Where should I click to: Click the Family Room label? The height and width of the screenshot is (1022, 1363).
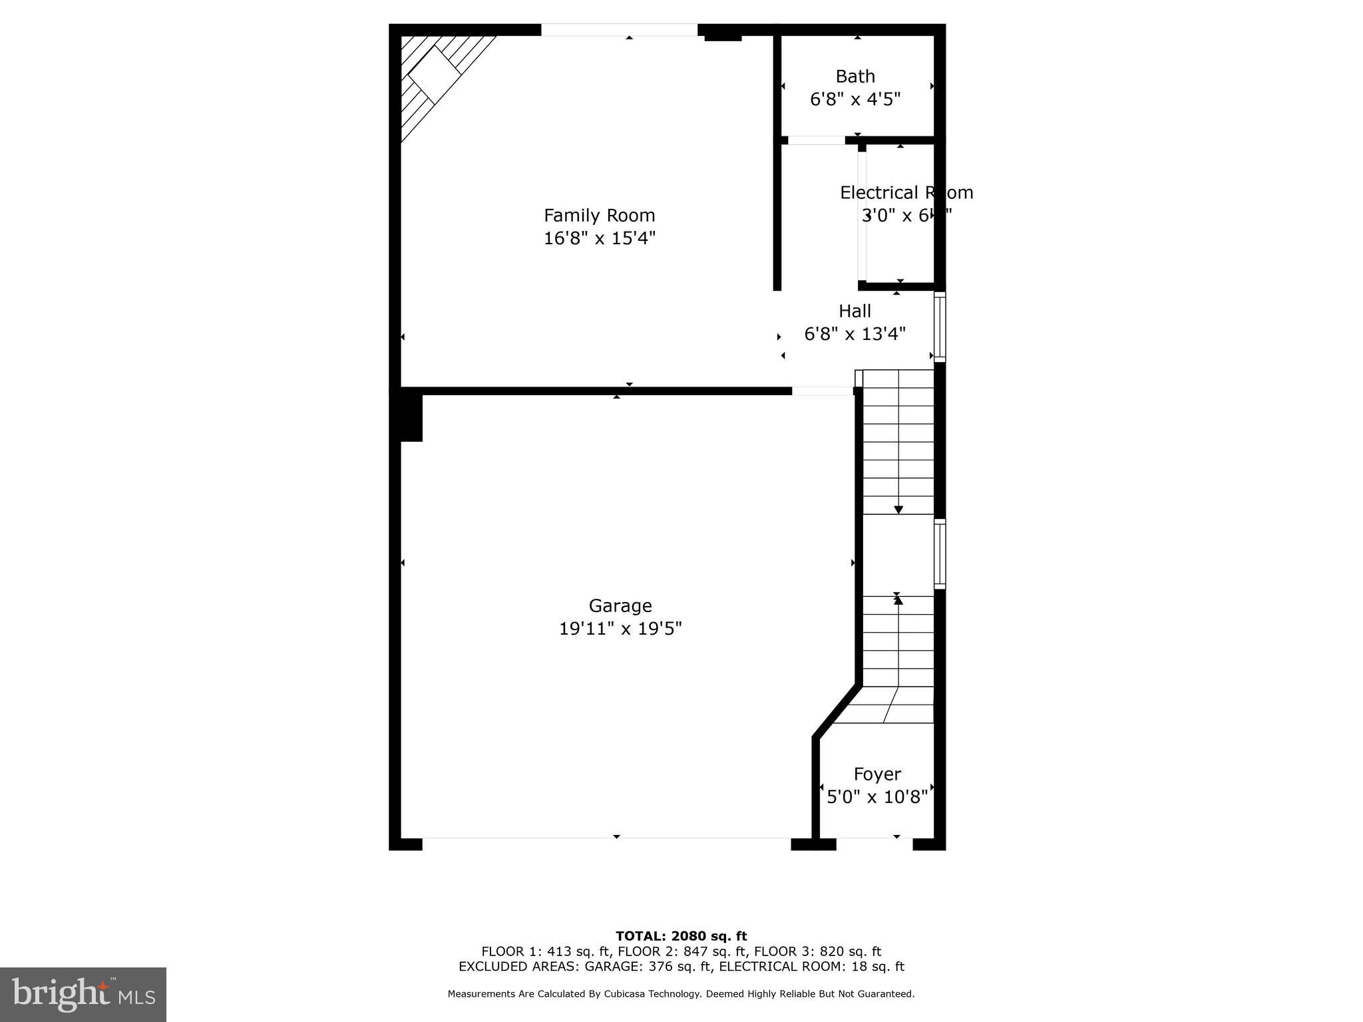599,216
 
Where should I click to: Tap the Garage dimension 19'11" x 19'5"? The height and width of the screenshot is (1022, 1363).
620,629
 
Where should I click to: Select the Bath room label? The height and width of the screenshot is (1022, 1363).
855,77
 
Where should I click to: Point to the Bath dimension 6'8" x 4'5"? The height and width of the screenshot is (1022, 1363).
855,100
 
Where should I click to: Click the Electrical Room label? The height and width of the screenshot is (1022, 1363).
906,193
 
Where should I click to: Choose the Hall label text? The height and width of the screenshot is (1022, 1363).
855,311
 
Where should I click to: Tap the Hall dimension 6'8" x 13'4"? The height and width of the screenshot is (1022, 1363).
855,334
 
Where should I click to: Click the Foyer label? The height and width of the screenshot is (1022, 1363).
877,774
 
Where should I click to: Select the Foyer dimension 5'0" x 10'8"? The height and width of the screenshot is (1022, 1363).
877,797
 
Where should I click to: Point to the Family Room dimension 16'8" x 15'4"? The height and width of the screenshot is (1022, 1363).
599,238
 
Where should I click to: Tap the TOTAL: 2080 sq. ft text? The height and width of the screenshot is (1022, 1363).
681,936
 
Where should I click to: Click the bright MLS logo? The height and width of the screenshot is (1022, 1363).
83,995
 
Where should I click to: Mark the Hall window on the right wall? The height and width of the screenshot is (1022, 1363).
940,327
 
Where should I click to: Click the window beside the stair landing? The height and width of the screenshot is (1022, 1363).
940,554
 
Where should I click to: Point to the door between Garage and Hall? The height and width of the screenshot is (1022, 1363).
823,391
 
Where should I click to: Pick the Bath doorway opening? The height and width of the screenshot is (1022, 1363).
817,140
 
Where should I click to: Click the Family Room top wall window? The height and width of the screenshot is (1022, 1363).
619,30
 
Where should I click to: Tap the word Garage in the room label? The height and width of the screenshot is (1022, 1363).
620,605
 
